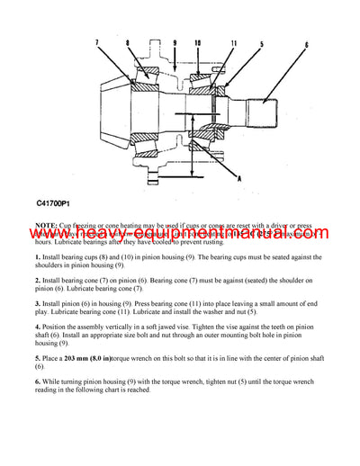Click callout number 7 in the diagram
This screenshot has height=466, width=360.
[x=97, y=42]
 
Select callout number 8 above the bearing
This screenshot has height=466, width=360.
[x=129, y=43]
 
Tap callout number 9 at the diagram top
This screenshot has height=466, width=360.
[x=175, y=42]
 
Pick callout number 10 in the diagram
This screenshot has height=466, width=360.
[x=197, y=42]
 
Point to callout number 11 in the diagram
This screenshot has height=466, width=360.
[x=234, y=43]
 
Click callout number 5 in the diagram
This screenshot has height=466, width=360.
[x=262, y=43]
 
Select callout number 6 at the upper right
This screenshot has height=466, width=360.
[x=306, y=44]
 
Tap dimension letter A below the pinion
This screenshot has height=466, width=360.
[x=239, y=178]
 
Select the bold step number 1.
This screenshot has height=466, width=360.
[x=38, y=258]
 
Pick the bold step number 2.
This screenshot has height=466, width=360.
[x=38, y=281]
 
